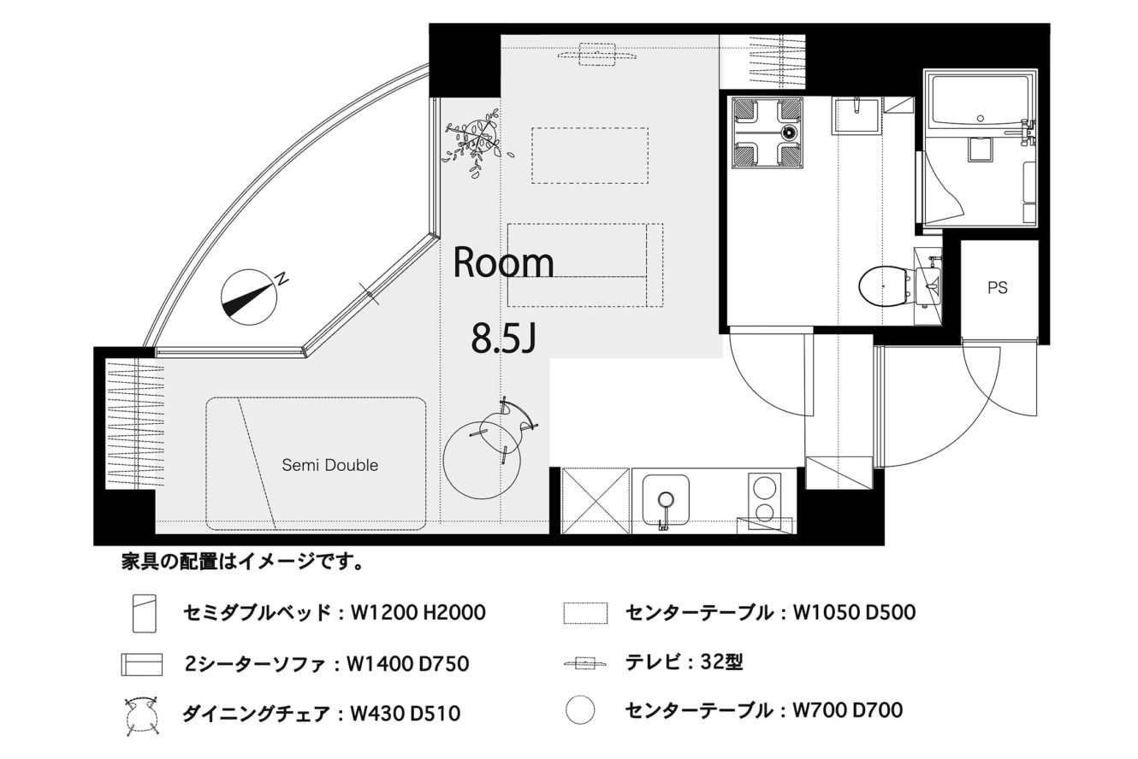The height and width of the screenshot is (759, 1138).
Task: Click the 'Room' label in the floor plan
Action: (503, 262)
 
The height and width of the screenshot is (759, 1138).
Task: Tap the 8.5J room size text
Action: (503, 339)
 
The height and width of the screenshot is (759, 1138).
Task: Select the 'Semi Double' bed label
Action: (329, 465)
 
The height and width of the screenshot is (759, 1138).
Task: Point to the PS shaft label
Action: (998, 288)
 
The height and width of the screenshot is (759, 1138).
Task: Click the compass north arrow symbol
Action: (249, 297)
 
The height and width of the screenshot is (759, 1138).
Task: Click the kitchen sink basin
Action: (666, 500)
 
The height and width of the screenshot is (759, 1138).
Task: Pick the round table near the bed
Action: (482, 460)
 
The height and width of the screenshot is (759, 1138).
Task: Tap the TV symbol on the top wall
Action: (597, 55)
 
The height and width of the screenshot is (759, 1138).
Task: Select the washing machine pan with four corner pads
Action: (768, 132)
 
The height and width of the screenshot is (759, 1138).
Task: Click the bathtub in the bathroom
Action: (980, 101)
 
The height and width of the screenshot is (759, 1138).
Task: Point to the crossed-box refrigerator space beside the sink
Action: (596, 501)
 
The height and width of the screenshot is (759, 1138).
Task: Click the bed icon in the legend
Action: (145, 614)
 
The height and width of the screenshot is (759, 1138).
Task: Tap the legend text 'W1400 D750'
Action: (407, 664)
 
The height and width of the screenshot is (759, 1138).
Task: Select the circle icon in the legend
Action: (580, 709)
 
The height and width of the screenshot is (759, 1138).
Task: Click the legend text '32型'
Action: (721, 662)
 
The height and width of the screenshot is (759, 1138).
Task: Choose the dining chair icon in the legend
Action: (142, 716)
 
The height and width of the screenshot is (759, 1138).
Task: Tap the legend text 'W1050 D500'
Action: (855, 612)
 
